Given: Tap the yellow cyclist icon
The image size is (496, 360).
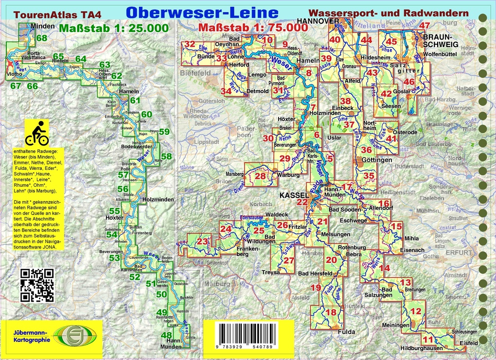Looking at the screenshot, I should (x=37, y=133).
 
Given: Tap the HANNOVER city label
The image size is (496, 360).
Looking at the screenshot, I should (x=318, y=21).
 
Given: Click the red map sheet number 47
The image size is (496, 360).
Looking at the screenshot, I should (x=425, y=26).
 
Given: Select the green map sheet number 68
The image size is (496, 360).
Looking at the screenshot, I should (x=42, y=38).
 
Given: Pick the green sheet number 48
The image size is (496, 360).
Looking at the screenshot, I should (x=166, y=335).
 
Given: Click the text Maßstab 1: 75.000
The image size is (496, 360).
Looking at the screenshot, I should (x=253, y=28).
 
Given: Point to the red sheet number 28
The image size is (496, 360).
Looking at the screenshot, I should (x=260, y=176).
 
